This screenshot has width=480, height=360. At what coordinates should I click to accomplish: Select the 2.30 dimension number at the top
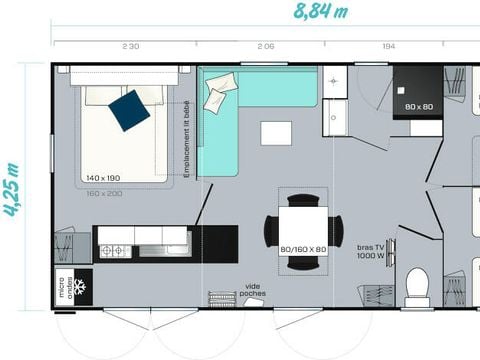click(x=130, y=47)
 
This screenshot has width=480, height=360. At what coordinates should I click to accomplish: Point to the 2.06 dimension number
click(x=265, y=47)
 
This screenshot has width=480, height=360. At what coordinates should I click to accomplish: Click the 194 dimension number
click(x=389, y=47)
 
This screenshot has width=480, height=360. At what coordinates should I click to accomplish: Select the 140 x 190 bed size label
click(x=103, y=177)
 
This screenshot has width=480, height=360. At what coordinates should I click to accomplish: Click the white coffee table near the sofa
click(x=276, y=133)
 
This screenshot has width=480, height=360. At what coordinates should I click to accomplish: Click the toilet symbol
click(x=417, y=285)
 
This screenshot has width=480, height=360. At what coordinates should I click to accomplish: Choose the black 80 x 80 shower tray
click(x=417, y=92)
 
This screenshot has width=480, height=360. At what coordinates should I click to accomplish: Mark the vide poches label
click(x=253, y=290)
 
